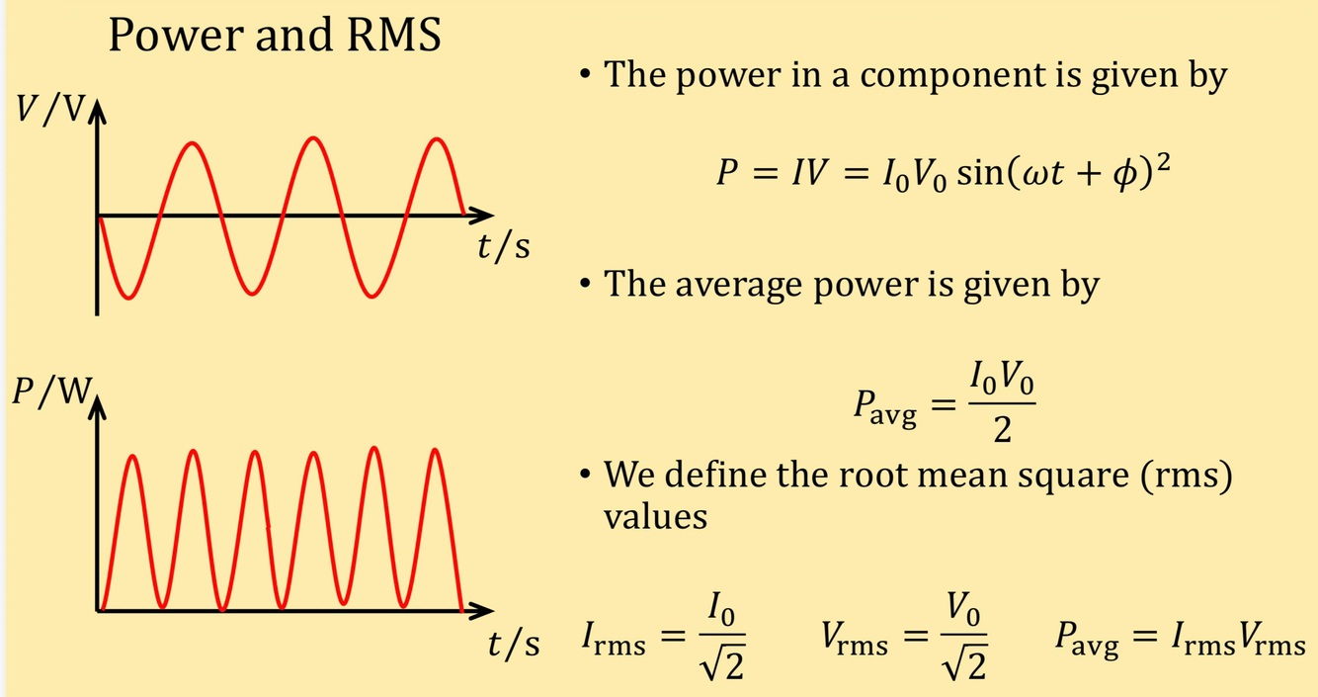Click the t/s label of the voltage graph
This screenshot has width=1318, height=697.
pos(503,246)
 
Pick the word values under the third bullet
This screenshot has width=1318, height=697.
pos(655,516)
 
